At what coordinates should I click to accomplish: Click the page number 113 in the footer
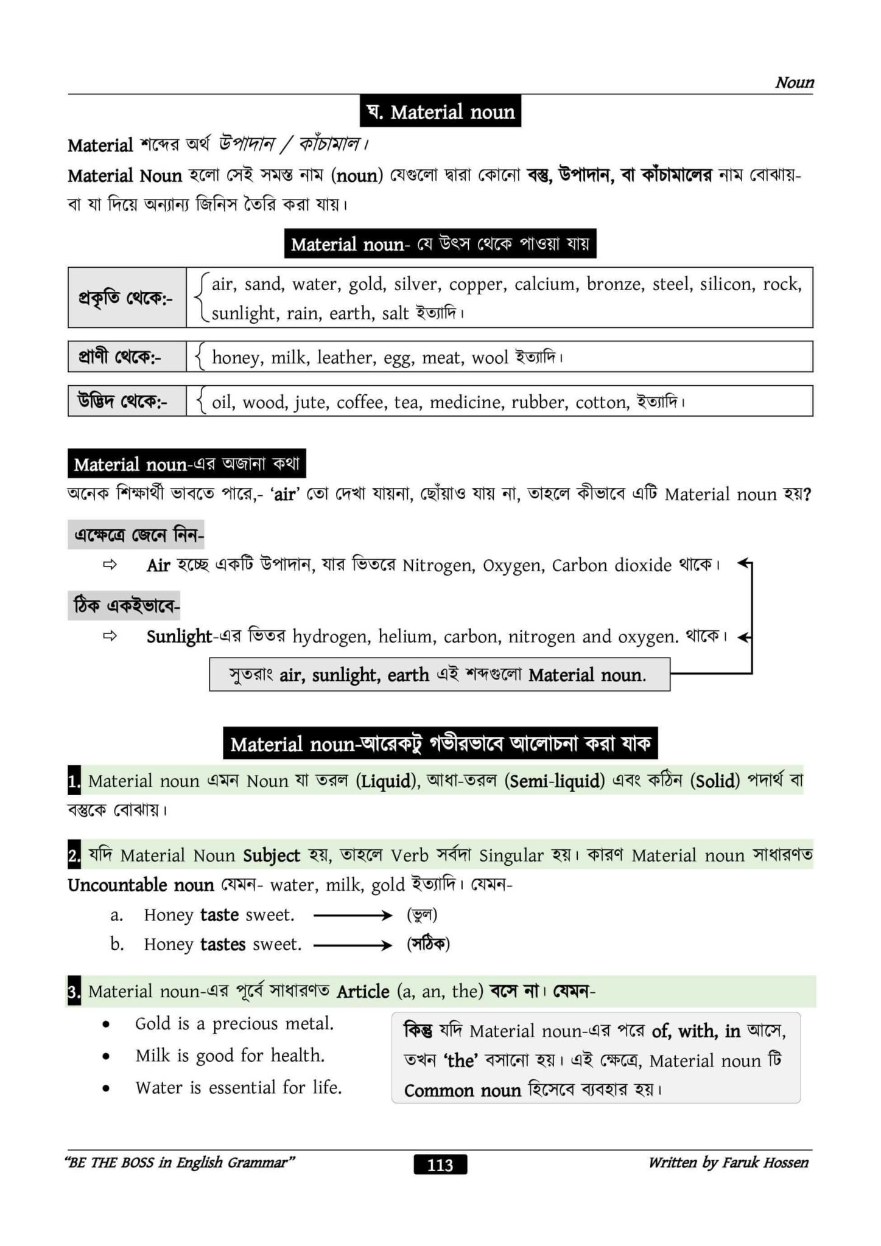coord(440,1164)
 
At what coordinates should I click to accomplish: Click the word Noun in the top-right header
coord(794,83)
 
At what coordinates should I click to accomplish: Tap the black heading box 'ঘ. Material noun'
coord(440,112)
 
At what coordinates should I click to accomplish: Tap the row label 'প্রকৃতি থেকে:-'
coord(125,298)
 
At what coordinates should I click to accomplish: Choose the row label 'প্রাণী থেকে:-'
coord(120,357)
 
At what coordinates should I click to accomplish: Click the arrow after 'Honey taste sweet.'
coord(353,915)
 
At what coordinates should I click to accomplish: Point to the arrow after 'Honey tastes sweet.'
coord(353,945)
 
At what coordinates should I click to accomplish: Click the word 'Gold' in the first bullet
coord(153,1023)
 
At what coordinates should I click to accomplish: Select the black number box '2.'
coord(74,856)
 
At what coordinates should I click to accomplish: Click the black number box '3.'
coord(74,992)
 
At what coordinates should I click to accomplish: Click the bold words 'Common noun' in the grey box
coord(462,1090)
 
